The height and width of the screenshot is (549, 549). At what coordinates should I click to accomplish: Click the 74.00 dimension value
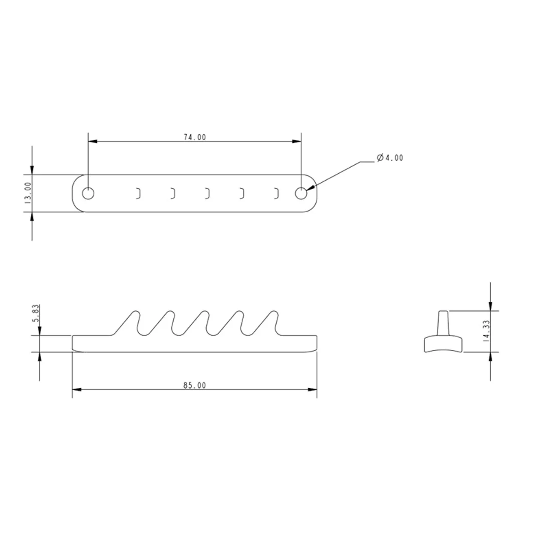pyautogui.click(x=195, y=137)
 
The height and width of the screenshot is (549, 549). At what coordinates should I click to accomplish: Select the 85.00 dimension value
pyautogui.click(x=195, y=386)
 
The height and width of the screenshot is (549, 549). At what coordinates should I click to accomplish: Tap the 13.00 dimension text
pyautogui.click(x=28, y=193)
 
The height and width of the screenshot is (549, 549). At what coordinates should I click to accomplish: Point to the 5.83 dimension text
pyautogui.click(x=36, y=314)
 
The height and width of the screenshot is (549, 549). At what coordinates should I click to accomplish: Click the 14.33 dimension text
pyautogui.click(x=486, y=331)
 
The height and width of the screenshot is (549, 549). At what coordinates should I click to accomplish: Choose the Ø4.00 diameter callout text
pyautogui.click(x=390, y=158)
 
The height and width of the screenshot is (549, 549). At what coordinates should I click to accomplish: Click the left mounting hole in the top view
pyautogui.click(x=88, y=193)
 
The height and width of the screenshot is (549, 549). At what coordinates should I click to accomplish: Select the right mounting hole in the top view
pyautogui.click(x=301, y=193)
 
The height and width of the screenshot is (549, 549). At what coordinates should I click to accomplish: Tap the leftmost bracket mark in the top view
pyautogui.click(x=139, y=193)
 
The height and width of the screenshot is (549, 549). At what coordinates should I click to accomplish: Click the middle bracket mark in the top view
pyautogui.click(x=208, y=193)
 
